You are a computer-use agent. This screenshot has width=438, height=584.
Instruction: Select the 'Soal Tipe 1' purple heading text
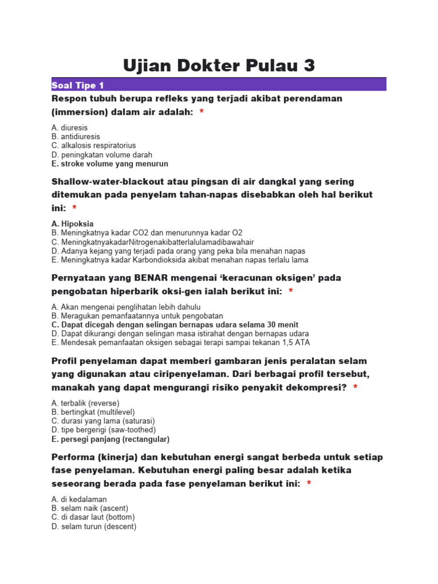click(78, 86)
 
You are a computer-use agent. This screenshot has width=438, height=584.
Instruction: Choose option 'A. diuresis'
click(70, 128)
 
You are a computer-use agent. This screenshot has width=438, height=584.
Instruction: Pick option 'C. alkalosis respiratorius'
click(94, 145)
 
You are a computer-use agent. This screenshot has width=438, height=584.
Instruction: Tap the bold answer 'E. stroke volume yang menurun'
click(109, 164)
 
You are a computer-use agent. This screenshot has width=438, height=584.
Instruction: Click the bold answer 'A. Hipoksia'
click(72, 224)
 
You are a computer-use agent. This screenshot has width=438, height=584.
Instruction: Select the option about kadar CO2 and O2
click(147, 233)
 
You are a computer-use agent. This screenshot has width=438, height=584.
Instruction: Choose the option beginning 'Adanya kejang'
click(178, 251)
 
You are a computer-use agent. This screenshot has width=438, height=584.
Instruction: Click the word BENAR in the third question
click(154, 278)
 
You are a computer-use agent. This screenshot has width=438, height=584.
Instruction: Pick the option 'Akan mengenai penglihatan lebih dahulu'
click(125, 307)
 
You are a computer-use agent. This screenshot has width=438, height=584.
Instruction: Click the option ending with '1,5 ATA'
click(180, 343)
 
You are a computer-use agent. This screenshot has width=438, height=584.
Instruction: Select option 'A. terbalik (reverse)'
click(85, 403)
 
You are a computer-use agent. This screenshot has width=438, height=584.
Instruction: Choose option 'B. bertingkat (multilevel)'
click(93, 412)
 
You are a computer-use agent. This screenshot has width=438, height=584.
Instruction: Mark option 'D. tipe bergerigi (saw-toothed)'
click(103, 429)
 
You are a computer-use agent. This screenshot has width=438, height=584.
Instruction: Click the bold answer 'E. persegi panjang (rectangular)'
click(110, 439)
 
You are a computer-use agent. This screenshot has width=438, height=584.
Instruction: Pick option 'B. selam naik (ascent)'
click(90, 508)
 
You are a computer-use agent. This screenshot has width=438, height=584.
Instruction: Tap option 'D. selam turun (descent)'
click(94, 526)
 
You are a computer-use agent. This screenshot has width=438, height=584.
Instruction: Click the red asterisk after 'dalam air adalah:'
click(202, 112)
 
